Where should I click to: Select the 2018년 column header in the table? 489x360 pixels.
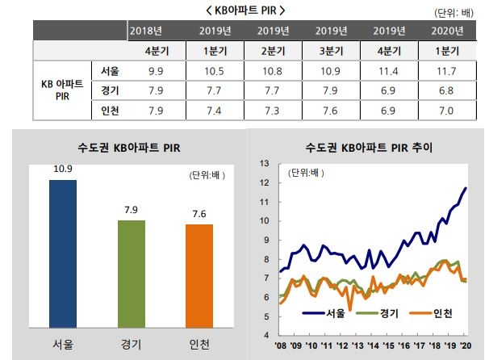(x=145, y=31)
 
